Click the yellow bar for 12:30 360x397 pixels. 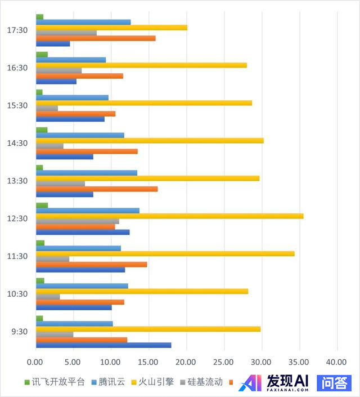pyautogui.click(x=169, y=216)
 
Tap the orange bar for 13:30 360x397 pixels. pyautogui.click(x=96, y=189)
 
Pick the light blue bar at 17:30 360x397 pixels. pyautogui.click(x=83, y=22)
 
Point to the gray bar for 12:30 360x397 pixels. pyautogui.click(x=77, y=221)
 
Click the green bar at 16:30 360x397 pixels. pyautogui.click(x=42, y=54)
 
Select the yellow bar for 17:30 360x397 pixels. pyautogui.click(x=111, y=28)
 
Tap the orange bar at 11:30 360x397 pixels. pyautogui.click(x=91, y=264)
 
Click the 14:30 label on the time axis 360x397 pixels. pyautogui.click(x=19, y=143)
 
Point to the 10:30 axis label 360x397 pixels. pyautogui.click(x=19, y=293)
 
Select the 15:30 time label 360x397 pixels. pyautogui.click(x=19, y=105)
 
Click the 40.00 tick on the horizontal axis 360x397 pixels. pyautogui.click(x=336, y=362)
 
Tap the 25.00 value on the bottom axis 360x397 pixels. pyautogui.click(x=223, y=362)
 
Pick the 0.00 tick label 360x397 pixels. pyautogui.click(x=35, y=362)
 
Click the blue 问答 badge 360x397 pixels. pyautogui.click(x=334, y=383)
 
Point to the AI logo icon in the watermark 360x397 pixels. pyautogui.click(x=250, y=383)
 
